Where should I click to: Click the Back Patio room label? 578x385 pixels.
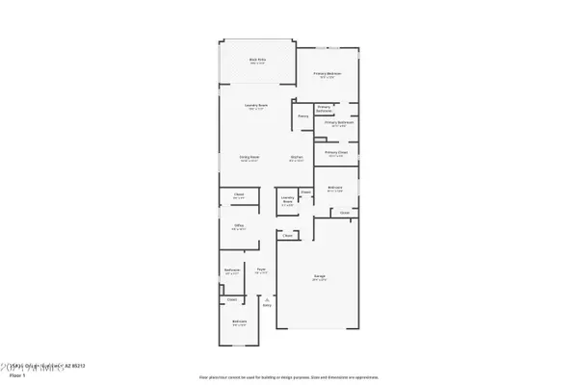(256, 60)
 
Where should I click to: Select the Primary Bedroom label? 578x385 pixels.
(327, 73)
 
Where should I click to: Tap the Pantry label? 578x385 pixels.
(302, 115)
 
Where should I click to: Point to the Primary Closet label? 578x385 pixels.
(335, 152)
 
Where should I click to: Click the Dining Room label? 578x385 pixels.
(249, 158)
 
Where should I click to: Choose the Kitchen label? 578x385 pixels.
(298, 158)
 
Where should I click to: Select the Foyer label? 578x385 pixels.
(260, 270)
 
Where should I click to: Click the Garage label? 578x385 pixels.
(318, 277)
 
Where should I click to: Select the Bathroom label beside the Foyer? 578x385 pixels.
(232, 270)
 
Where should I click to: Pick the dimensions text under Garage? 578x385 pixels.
(318, 281)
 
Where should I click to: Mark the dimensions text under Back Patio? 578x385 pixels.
(256, 64)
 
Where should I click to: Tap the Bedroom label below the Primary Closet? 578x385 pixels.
(335, 187)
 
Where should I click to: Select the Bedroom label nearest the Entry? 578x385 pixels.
(239, 321)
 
